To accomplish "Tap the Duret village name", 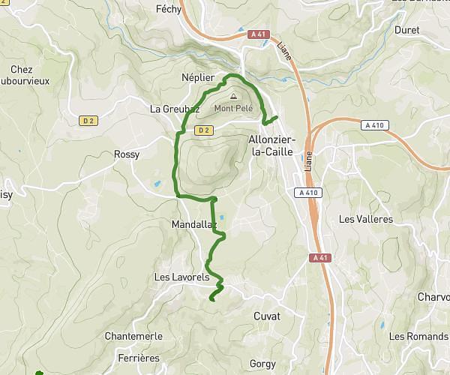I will click(x=407, y=30).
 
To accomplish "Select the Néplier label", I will click(x=198, y=77).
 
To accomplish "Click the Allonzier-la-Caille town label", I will click(x=272, y=145).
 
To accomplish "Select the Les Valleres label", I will click(x=366, y=220).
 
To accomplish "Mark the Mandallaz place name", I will click(x=193, y=223).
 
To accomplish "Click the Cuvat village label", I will click(x=267, y=316).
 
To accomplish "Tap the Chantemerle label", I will click(x=134, y=336).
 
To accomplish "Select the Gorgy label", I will click(x=262, y=363).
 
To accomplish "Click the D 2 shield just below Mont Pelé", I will click(x=203, y=130).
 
